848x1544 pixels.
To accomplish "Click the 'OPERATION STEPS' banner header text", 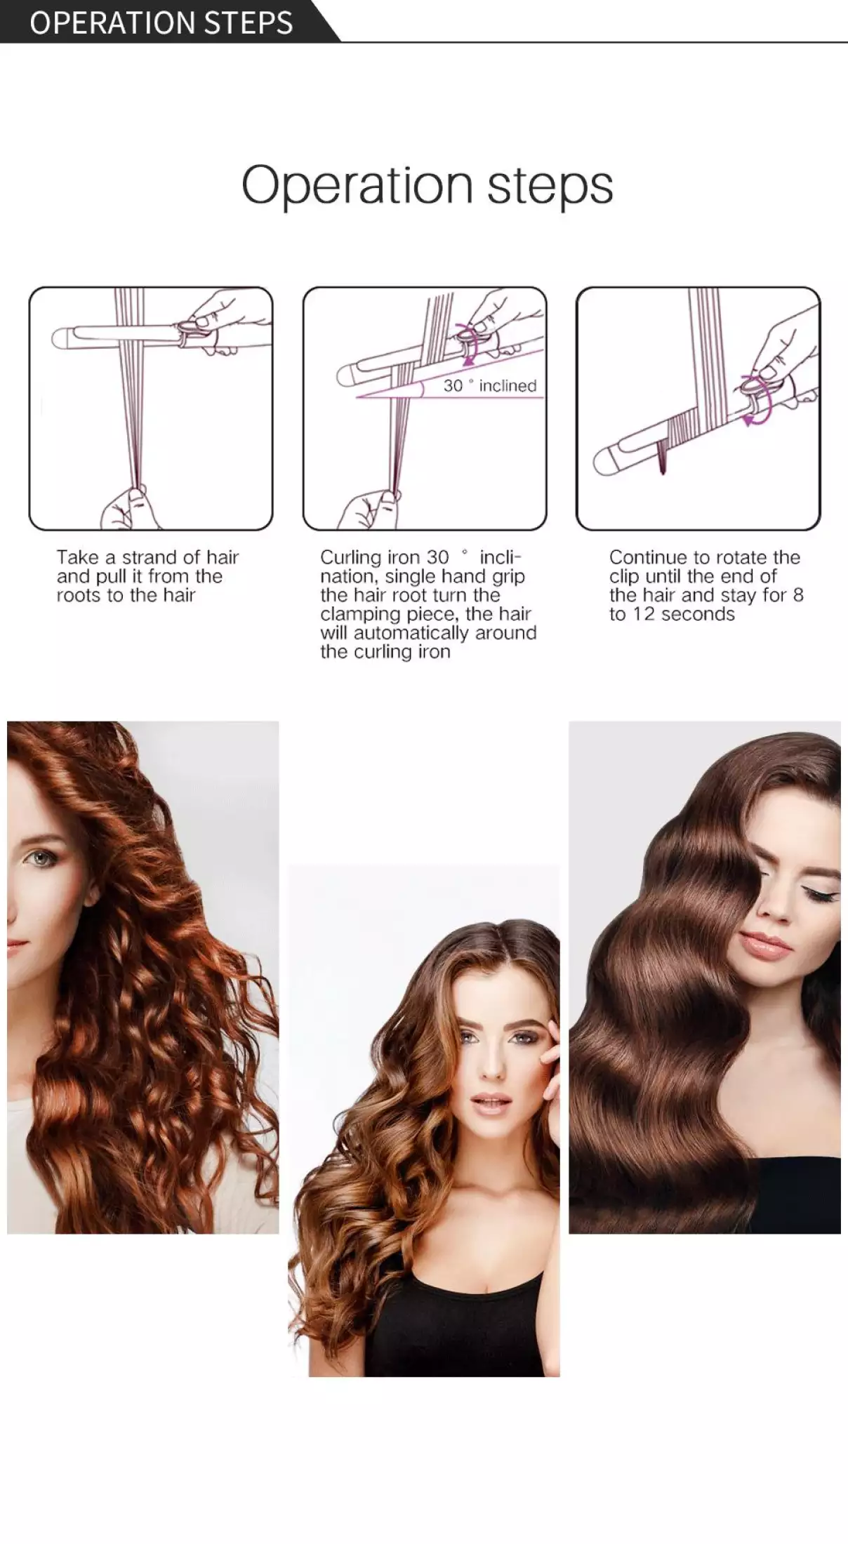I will tap(161, 22).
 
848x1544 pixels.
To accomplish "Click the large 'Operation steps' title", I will tap(427, 185).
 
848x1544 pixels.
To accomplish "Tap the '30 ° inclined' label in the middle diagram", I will tap(489, 385).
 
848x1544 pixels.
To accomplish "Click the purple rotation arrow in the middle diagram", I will tap(465, 343).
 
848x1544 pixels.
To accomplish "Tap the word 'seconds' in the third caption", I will tap(701, 614).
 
